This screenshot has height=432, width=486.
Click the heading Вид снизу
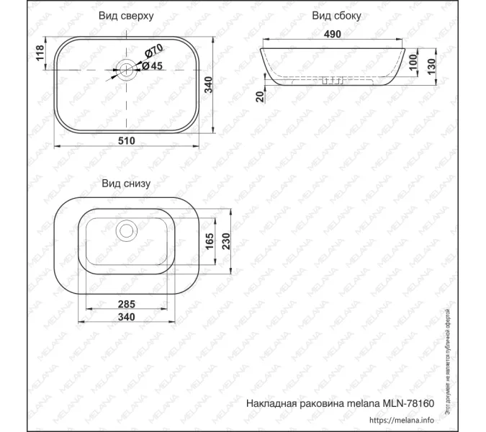(125, 184)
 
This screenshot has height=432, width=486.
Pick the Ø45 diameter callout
(151, 66)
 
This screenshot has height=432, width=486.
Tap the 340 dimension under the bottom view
(127, 316)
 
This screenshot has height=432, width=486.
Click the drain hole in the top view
(127, 69)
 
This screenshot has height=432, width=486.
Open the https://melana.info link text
(402, 420)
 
